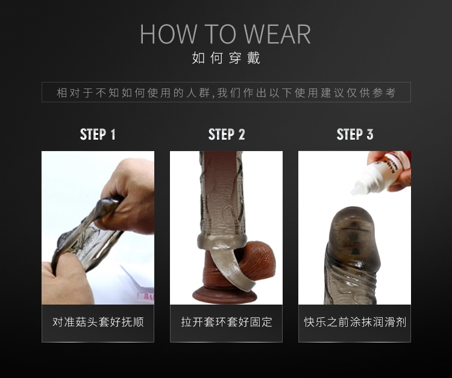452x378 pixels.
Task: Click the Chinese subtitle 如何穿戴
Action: [x=226, y=58]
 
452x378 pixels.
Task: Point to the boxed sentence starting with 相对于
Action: [x=226, y=93]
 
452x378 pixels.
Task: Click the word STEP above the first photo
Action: [x=93, y=134]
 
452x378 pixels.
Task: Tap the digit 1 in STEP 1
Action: [x=113, y=134]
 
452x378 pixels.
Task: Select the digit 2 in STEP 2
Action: [x=241, y=134]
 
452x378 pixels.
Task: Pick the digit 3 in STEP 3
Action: [x=370, y=134]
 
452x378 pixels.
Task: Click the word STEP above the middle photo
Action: [x=221, y=134]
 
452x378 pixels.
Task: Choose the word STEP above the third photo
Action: [x=350, y=134]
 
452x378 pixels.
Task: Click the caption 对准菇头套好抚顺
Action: [x=98, y=322]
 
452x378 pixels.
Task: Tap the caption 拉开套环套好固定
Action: [x=227, y=322]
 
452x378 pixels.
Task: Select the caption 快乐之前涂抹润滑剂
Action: [x=355, y=322]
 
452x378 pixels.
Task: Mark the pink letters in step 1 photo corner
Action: [x=148, y=296]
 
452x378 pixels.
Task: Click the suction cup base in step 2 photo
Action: [x=225, y=296]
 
